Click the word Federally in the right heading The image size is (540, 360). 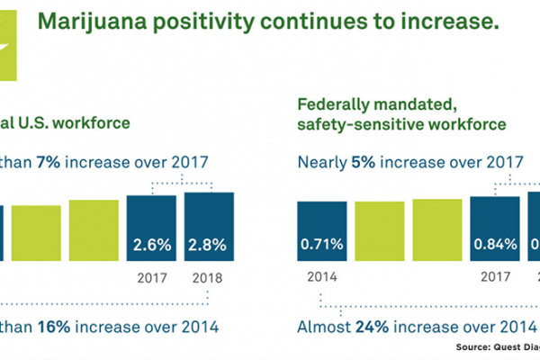point(332,103)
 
